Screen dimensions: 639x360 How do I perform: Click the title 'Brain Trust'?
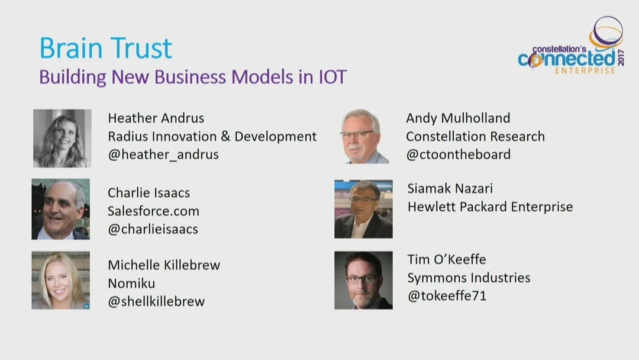point(105,48)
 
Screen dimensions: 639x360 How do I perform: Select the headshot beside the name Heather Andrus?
point(62,138)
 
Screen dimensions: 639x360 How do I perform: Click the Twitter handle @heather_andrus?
point(163,155)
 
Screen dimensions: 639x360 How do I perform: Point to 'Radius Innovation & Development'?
point(212,136)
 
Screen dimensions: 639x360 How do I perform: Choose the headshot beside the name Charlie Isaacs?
point(61,209)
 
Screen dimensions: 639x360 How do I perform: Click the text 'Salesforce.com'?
point(153,211)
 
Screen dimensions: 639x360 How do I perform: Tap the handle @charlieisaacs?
point(153,229)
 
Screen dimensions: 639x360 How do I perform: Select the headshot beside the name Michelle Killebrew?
point(61,280)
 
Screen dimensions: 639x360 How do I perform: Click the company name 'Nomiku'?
point(131,283)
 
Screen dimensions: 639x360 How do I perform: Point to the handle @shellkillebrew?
point(156,301)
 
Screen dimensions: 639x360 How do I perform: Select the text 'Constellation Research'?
point(475,136)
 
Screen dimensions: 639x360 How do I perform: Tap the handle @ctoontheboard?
point(458,155)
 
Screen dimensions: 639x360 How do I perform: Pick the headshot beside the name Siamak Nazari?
point(363,209)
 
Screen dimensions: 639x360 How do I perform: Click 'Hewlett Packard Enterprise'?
point(490,207)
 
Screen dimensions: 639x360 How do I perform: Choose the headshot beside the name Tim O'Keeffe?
point(363,280)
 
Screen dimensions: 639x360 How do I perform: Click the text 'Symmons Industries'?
point(469,278)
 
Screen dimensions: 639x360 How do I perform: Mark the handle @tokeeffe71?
point(447,295)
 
